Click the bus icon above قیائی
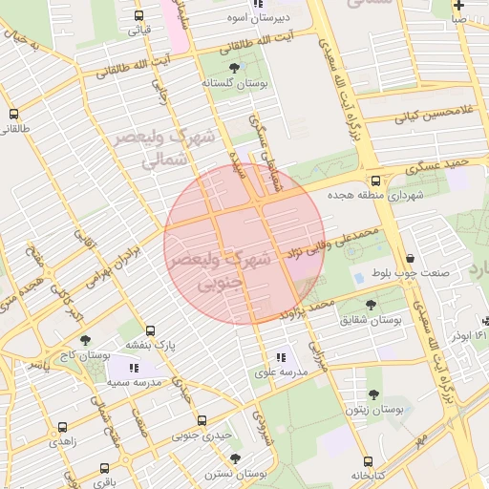tap(139, 16)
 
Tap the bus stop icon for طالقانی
tap(12, 114)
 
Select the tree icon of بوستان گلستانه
tap(235, 67)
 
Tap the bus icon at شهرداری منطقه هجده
tap(375, 180)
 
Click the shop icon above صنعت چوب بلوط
tap(411, 258)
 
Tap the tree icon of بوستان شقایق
tap(372, 305)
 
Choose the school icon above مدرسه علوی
tap(281, 357)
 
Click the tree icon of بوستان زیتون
tap(372, 395)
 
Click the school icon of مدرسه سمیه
tap(134, 367)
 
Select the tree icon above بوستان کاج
tap(86, 340)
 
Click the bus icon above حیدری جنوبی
tap(202, 420)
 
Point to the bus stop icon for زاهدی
tap(62, 428)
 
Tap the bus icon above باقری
tap(102, 470)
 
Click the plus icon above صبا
tap(460, 5)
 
